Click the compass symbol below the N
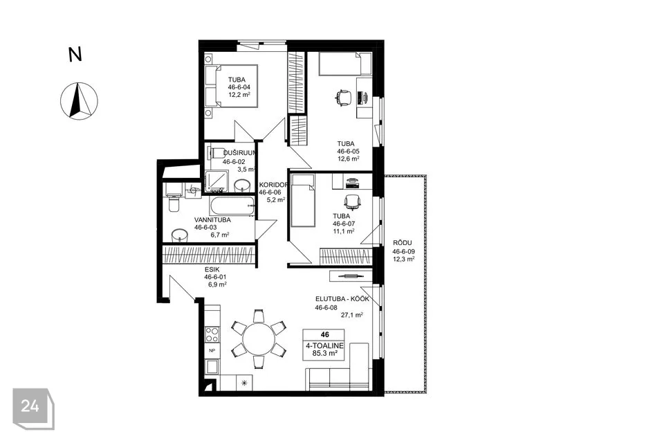pyautogui.click(x=79, y=101)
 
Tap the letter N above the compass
pyautogui.click(x=75, y=55)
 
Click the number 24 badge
pyautogui.click(x=33, y=408)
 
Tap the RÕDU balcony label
pyautogui.click(x=403, y=243)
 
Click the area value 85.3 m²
pyautogui.click(x=324, y=353)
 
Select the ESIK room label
pyautogui.click(x=212, y=269)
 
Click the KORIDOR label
pyautogui.click(x=274, y=185)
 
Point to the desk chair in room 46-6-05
pyautogui.click(x=344, y=98)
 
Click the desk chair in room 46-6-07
pyautogui.click(x=352, y=202)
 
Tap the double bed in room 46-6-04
pyautogui.click(x=231, y=86)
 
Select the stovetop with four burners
pyautogui.click(x=212, y=334)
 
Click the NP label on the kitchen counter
pyautogui.click(x=212, y=350)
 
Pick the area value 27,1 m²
pyautogui.click(x=352, y=315)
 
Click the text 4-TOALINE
pyautogui.click(x=324, y=346)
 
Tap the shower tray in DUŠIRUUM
pyautogui.click(x=216, y=181)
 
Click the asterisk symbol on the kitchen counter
pyautogui.click(x=244, y=383)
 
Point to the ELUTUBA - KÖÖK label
pyautogui.click(x=342, y=299)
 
